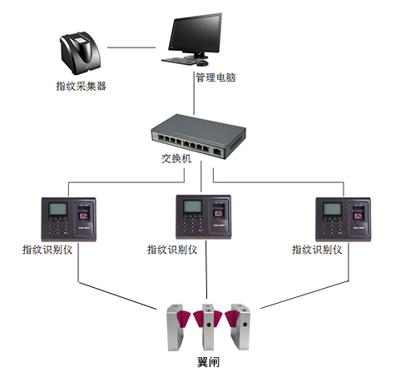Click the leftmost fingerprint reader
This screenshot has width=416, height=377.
point(67,219)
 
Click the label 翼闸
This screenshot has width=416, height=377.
point(208,364)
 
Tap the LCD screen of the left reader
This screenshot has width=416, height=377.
point(56,209)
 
